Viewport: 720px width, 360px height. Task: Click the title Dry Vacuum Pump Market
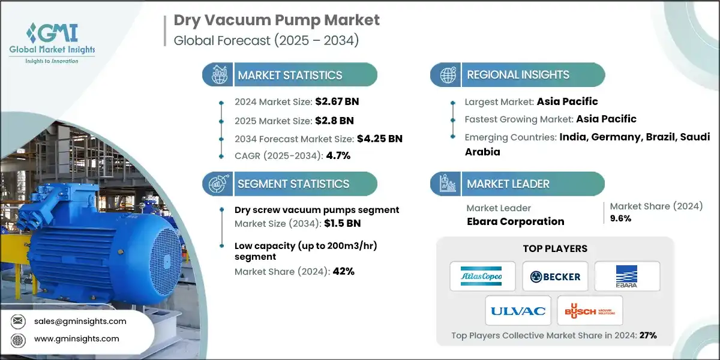coord(277,20)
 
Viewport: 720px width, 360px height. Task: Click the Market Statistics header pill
coord(289,75)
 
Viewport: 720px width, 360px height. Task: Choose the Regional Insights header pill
coord(517,75)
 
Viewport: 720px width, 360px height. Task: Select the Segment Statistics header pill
coord(289,184)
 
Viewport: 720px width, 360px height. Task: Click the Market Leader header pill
coord(517,184)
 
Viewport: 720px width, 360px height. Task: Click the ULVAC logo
coord(518,311)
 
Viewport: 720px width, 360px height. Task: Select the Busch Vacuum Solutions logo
coord(590,311)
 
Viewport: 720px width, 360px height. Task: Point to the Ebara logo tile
coord(627,276)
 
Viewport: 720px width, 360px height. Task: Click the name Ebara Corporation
coord(515,221)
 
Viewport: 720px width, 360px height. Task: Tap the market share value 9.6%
coord(620,218)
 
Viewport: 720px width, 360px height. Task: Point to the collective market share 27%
coord(647,335)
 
